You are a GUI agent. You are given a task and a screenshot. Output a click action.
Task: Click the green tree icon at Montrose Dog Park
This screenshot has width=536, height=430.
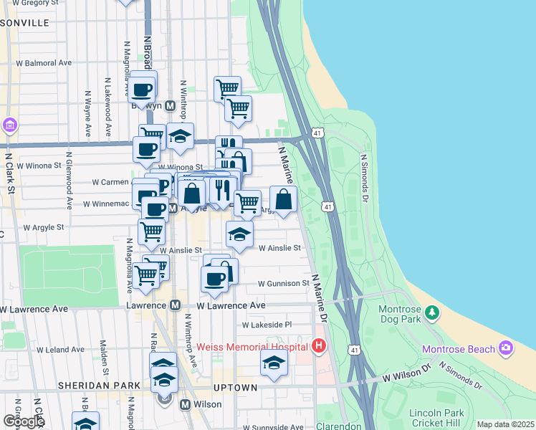[432, 312]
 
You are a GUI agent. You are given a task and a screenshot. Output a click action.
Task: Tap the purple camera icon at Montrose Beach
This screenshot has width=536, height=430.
[507, 348]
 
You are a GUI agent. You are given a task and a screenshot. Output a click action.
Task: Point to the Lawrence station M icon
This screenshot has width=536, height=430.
[175, 305]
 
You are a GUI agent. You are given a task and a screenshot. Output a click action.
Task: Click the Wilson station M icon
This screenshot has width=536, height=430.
[185, 404]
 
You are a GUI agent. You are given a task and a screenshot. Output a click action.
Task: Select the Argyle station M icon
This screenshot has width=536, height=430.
[173, 208]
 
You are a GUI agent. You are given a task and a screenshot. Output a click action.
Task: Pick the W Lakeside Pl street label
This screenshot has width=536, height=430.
[267, 325]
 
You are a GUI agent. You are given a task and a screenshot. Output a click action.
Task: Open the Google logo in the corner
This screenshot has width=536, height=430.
[23, 421]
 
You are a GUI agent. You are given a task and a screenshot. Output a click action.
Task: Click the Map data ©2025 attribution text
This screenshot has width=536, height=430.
[505, 424]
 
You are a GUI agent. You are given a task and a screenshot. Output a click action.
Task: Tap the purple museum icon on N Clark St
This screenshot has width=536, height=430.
[9, 126]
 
